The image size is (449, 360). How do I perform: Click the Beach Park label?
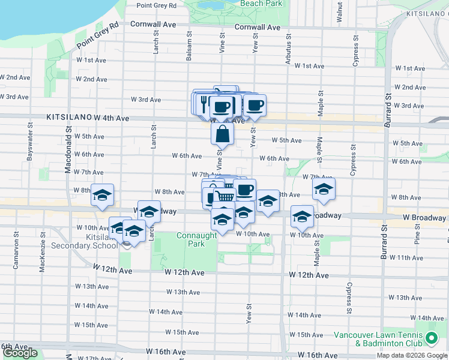click(x=261, y=4)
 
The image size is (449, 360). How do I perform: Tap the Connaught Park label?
click(x=197, y=240)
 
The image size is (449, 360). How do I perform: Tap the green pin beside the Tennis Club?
click(x=430, y=339)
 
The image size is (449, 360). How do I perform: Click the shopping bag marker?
click(x=222, y=134)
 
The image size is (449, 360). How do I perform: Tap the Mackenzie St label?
click(x=43, y=258)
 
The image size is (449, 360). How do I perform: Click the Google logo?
click(x=20, y=353)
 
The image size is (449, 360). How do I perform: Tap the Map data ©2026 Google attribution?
click(x=411, y=355)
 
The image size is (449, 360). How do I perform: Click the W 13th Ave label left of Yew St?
click(x=182, y=292)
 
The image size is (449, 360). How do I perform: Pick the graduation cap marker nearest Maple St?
click(x=324, y=190)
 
